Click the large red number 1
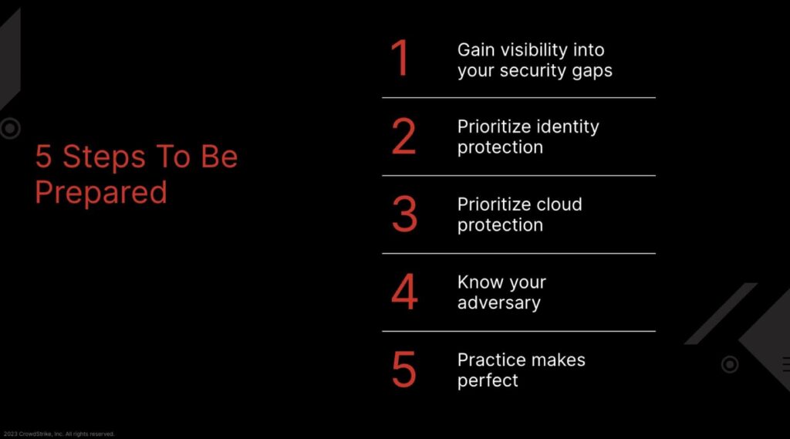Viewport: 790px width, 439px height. tap(401, 59)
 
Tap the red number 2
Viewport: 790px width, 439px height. tap(404, 136)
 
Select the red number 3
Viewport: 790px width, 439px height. tap(404, 214)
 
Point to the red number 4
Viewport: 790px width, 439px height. tap(404, 292)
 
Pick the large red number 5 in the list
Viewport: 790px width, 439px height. tap(404, 370)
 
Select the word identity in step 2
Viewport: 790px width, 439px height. tap(567, 127)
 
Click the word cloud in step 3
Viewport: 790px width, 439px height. tap(559, 204)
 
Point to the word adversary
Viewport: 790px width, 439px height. tap(499, 303)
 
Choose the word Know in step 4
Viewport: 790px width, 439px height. tap(474, 282)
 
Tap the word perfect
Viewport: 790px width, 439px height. tap(488, 381)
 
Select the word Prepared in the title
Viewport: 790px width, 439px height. tap(101, 193)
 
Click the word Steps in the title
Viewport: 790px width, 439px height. tap(104, 157)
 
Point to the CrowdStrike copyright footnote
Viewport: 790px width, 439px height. tap(59, 434)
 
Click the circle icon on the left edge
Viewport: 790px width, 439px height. tap(10, 129)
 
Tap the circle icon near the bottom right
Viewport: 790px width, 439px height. tap(730, 364)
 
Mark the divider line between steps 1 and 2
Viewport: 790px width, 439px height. tap(519, 98)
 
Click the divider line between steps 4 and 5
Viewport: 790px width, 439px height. tap(519, 331)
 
